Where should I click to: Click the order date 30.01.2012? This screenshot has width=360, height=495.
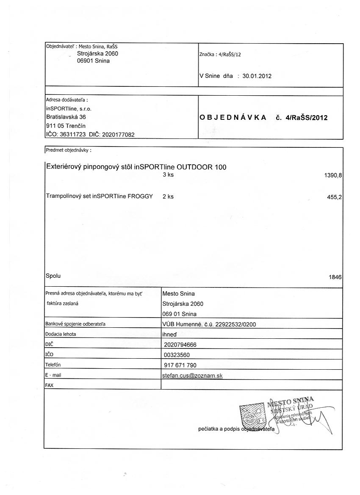[257, 76]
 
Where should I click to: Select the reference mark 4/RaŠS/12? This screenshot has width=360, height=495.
[229, 55]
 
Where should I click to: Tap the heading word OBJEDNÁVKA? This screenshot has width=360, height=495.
[233, 118]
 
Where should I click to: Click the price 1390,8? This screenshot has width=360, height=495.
[332, 175]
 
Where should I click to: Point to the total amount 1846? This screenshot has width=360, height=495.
[335, 277]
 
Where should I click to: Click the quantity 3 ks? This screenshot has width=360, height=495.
[168, 174]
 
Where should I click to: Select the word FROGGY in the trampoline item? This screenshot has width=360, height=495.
[140, 196]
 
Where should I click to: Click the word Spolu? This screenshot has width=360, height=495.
[53, 276]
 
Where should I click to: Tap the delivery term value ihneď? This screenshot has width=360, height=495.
[170, 334]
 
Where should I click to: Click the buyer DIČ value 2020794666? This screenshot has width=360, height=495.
[180, 344]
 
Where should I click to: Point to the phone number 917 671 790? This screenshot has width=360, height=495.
[180, 365]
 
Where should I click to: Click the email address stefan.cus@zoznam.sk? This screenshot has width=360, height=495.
[193, 376]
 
